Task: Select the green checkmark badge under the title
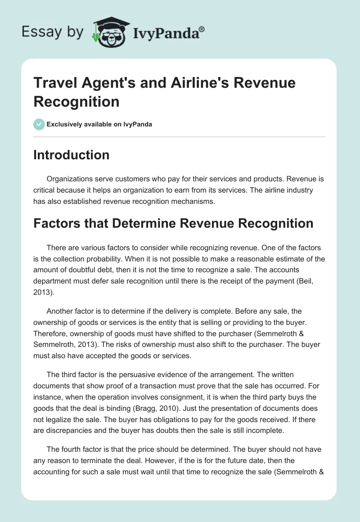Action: click(39, 124)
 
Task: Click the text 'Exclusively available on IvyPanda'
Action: click(99, 124)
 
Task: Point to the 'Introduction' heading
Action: click(71, 155)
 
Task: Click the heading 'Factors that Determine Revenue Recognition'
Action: click(173, 224)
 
